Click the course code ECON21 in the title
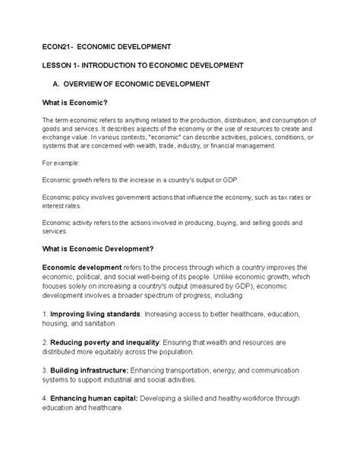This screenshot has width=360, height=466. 57,47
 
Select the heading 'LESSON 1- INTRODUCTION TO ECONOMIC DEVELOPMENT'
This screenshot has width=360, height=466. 142,65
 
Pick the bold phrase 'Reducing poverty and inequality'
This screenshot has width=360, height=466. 104,341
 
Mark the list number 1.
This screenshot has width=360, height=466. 45,313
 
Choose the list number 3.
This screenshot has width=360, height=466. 45,369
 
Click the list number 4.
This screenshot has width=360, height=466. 45,397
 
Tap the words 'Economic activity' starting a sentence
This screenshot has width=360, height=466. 69,223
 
